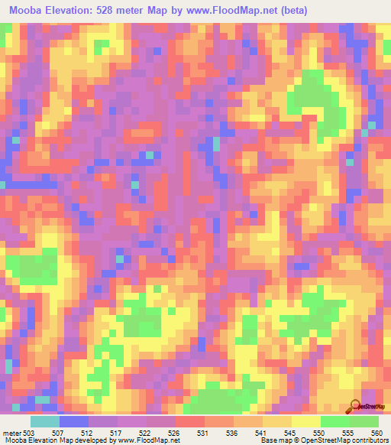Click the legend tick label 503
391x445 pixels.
coord(29,434)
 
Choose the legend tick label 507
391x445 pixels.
coord(58,434)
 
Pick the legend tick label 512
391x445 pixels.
coord(88,434)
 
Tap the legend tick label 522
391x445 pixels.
coord(146,434)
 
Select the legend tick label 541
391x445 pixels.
coord(263,434)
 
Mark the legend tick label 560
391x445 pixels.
coord(376,434)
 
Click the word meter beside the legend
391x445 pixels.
coord(11,434)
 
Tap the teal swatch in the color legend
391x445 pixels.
coord(44,421)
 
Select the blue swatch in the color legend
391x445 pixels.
coord(73,421)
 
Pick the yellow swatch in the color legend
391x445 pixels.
coord(305,421)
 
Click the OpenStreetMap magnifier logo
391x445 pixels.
coord(355,406)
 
